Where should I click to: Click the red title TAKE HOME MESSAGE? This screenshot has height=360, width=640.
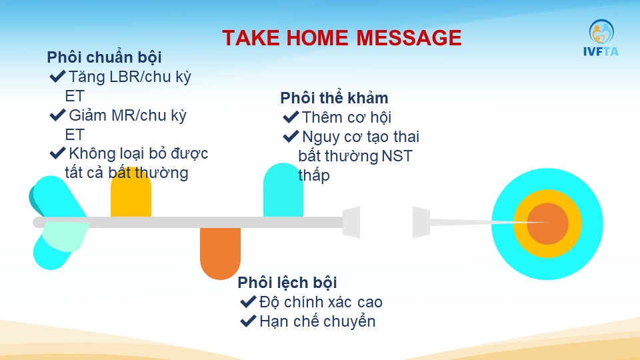(341, 38)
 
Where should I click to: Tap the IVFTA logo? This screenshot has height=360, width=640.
(601, 37)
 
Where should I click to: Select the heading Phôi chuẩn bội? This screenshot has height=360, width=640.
(104, 57)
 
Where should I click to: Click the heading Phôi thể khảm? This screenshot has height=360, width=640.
(334, 99)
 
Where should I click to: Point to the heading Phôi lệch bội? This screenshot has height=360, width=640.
(287, 283)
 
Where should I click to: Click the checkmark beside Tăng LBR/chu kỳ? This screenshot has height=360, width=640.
(57, 76)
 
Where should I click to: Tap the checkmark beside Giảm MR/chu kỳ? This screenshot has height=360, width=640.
(57, 115)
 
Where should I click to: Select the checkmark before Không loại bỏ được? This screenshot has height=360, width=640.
(57, 153)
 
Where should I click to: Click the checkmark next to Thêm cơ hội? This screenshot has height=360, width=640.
(291, 117)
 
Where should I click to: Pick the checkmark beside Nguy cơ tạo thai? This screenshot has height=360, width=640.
(291, 136)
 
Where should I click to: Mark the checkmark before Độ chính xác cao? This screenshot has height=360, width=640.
(248, 301)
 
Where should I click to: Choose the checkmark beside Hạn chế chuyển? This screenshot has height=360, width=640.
(248, 321)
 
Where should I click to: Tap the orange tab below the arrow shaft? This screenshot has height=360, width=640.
(220, 253)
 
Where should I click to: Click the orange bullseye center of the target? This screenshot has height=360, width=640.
(547, 224)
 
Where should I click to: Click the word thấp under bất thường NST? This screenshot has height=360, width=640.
(314, 176)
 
